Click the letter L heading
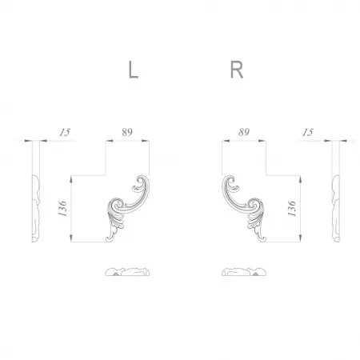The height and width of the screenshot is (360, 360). click(133, 70)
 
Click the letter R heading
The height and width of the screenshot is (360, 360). click(237, 70)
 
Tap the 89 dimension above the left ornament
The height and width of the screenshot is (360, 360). click(127, 132)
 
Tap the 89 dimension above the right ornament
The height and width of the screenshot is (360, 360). click(244, 132)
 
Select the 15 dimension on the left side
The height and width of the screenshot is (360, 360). click(65, 132)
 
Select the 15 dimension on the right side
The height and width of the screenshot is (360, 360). click(308, 132)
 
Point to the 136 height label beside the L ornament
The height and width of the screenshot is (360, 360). click(62, 208)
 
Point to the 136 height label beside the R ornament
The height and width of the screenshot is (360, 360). click(292, 209)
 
